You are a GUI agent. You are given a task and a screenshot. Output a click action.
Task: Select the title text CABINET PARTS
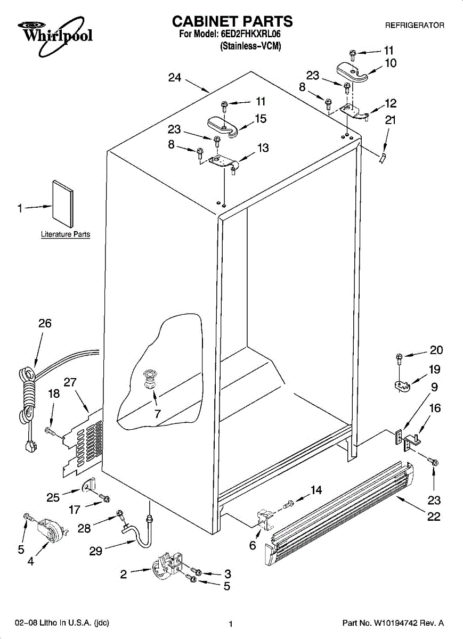(x=232, y=21)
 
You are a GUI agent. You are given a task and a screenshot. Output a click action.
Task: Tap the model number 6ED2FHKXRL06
(x=250, y=34)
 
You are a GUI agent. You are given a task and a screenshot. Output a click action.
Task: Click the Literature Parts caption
(x=66, y=234)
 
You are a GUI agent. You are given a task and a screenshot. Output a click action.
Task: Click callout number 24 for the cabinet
(x=175, y=78)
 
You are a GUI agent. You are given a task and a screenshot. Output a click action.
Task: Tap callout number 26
(x=45, y=323)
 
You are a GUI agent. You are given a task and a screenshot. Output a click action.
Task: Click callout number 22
(x=434, y=516)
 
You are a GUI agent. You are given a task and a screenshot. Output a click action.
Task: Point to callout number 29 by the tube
(x=95, y=551)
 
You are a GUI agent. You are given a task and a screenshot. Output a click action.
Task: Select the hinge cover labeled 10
(x=352, y=72)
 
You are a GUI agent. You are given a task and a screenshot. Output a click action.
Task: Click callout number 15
(x=261, y=119)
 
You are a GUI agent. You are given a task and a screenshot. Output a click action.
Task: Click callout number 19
(x=434, y=370)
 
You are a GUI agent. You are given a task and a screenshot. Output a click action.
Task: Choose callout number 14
(x=316, y=490)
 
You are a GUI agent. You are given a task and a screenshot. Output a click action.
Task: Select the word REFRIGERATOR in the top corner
(x=415, y=25)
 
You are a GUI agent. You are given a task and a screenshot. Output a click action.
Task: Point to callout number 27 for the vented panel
(x=70, y=381)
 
